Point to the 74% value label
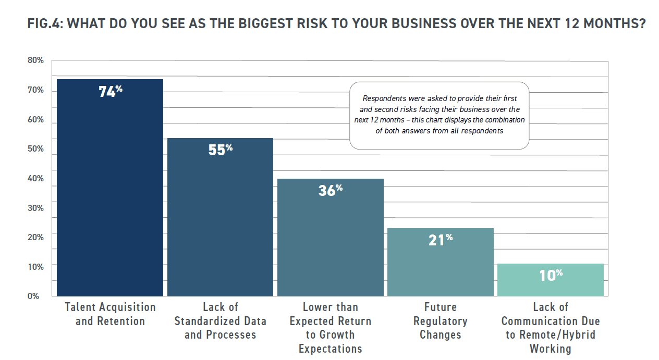(111, 92)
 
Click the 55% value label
(221, 150)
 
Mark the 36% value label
(331, 190)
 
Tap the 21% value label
(441, 240)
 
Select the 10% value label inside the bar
(551, 275)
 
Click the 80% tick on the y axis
(35, 61)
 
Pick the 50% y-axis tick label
(35, 149)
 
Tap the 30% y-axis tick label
(35, 208)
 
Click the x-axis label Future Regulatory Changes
(441, 320)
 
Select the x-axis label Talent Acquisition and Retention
(110, 314)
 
